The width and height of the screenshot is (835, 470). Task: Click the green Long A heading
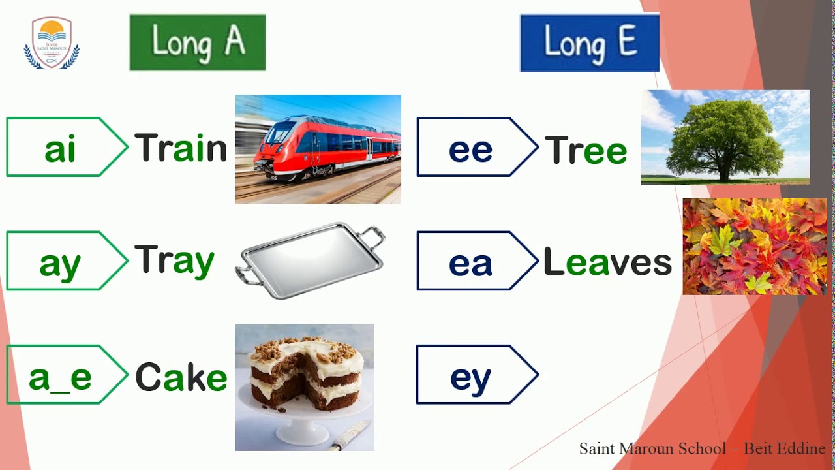coord(198,42)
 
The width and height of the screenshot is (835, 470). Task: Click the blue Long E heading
coord(589,43)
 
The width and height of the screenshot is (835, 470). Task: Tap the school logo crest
coord(52,43)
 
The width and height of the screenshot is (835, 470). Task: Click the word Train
coord(181,148)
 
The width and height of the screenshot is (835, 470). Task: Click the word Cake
coord(181,377)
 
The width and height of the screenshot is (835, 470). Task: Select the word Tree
coord(586,149)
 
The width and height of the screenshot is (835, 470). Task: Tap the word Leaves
coord(607,262)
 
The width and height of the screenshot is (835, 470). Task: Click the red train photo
coord(318,149)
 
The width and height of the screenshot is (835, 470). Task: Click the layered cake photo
coord(305,387)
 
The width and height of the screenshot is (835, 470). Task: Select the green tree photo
coord(725,137)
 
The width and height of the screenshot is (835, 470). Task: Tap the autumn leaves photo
coord(755,246)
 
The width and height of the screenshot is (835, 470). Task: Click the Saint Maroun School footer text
coord(702,448)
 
